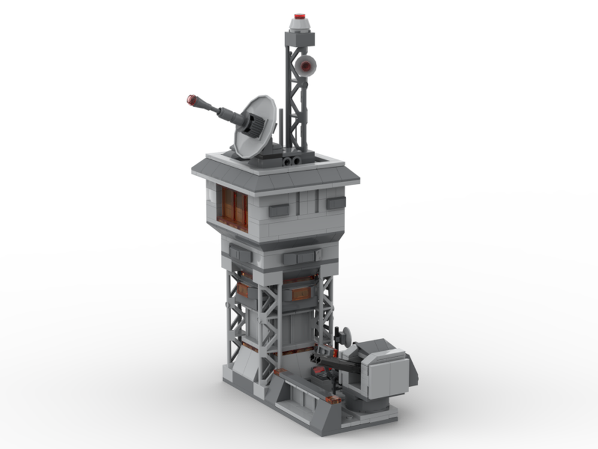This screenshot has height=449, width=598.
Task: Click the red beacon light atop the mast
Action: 300,16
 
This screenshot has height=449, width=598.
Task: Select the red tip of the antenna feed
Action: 192,99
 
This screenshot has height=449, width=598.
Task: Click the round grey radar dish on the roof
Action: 254,127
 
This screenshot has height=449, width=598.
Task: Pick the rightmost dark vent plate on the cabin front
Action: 335,203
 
